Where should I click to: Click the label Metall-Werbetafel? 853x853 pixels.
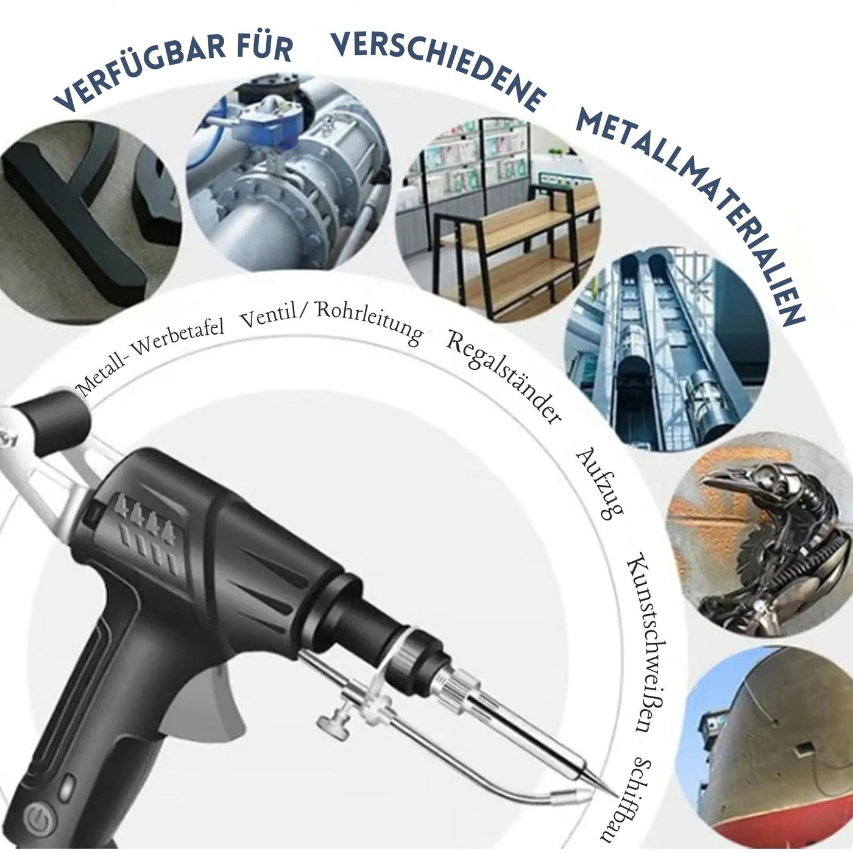click(x=149, y=353)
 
